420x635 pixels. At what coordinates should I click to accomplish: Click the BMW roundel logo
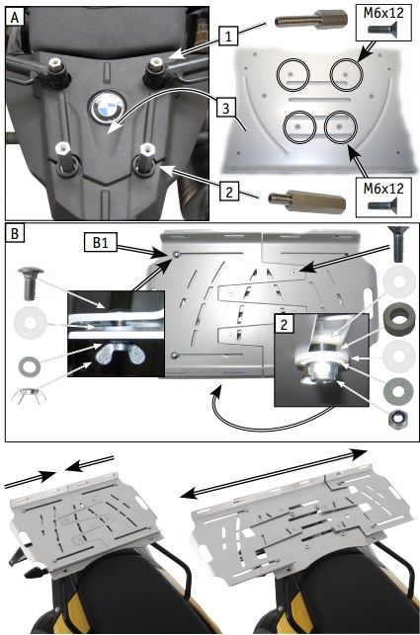click(106, 108)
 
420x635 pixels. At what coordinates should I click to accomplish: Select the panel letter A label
click(15, 18)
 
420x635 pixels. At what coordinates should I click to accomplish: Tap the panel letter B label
click(15, 234)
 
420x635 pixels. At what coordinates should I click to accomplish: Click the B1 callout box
click(100, 243)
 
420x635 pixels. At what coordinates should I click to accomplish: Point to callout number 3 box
click(227, 109)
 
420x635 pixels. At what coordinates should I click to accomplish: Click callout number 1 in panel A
click(229, 38)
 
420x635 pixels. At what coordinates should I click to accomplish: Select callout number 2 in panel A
click(229, 192)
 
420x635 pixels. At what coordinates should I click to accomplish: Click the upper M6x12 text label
click(383, 13)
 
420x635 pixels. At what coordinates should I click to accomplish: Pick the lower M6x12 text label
click(383, 188)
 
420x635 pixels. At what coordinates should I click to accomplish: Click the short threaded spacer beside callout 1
click(311, 20)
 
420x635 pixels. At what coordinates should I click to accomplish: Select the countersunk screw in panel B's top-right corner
click(398, 244)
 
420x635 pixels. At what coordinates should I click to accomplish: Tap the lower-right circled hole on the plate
click(341, 127)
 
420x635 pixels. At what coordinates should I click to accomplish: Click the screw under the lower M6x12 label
click(381, 205)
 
